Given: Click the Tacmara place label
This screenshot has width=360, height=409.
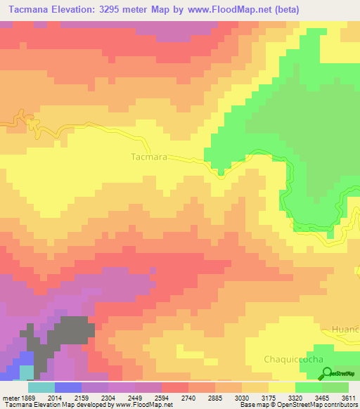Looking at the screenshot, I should (x=149, y=157).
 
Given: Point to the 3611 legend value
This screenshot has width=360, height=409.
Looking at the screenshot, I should (x=349, y=398).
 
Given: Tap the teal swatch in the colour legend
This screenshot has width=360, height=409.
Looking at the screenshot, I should (x=41, y=387).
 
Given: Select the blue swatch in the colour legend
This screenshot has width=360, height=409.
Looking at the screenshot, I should (x=68, y=387).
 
